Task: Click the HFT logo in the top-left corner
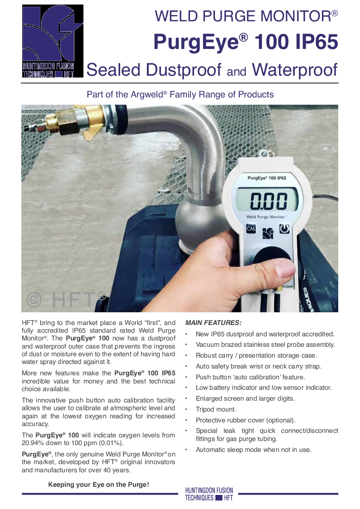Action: (x=53, y=41)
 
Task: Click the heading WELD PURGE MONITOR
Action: (x=246, y=17)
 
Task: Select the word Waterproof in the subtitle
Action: (x=295, y=70)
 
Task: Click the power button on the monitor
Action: (x=284, y=229)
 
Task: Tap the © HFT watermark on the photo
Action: (x=65, y=299)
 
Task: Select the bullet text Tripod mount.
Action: (x=216, y=409)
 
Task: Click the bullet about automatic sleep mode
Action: (x=253, y=450)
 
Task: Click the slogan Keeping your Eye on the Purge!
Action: (x=98, y=485)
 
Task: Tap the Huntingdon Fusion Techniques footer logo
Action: (x=209, y=494)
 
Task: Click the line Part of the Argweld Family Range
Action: (x=180, y=95)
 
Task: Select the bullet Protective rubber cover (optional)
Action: (x=245, y=420)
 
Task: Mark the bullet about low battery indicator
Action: (x=263, y=388)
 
